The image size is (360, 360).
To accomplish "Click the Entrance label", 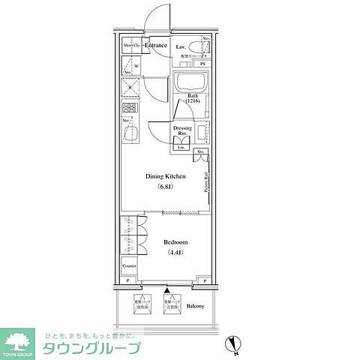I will coord(156,46).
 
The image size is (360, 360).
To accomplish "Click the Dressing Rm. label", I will coord(182,130).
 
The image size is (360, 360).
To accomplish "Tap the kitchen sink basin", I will coord(129,135).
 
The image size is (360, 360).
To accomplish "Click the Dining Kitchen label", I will coord(166,176).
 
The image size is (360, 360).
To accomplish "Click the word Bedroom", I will coord(175,243).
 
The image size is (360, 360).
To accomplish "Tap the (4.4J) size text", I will coord(175,253).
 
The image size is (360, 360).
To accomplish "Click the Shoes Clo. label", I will coord(132,46).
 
